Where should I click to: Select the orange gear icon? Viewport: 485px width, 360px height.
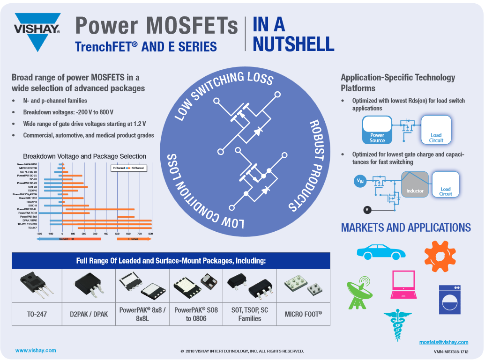(x=440, y=256)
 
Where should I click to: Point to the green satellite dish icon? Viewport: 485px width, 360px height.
(x=360, y=292)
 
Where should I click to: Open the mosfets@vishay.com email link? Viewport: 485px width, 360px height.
(x=444, y=342)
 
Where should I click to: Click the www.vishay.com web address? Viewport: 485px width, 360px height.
(x=36, y=350)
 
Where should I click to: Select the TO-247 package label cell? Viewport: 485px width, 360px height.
(x=37, y=314)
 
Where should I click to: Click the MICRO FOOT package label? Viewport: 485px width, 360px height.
(x=303, y=314)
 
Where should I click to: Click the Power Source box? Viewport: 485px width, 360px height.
(x=377, y=130)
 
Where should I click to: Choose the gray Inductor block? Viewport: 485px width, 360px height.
(x=415, y=184)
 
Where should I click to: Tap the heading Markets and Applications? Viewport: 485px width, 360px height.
(x=406, y=228)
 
